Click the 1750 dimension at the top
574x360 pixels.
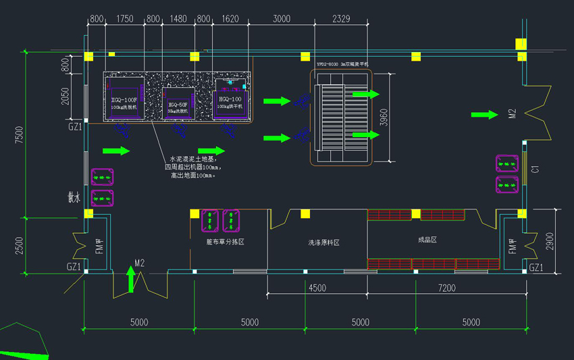click(x=125, y=19)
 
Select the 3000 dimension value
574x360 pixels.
click(x=282, y=19)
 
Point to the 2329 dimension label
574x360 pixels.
click(x=341, y=19)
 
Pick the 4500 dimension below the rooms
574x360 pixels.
click(x=317, y=288)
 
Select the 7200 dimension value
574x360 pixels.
click(x=446, y=288)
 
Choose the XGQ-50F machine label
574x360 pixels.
click(x=177, y=105)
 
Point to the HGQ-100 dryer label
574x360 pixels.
click(x=230, y=99)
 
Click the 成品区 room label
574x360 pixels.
click(x=427, y=240)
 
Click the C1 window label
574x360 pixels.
click(x=534, y=170)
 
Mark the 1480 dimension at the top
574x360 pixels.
click(x=178, y=19)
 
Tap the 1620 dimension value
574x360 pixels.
click(x=230, y=19)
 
